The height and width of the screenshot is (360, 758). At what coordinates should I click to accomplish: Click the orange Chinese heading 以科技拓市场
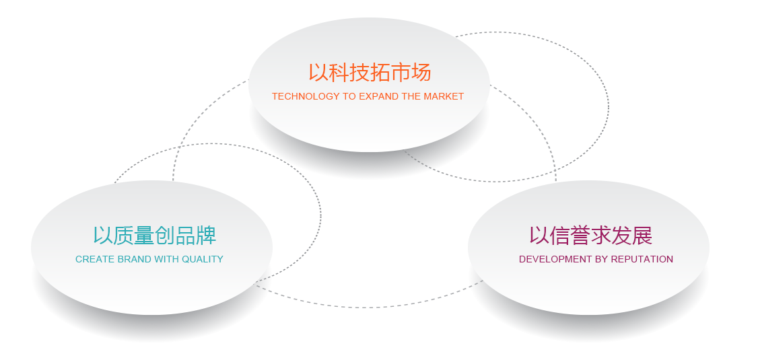click(x=370, y=73)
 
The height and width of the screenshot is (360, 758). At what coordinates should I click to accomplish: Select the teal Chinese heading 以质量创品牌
click(x=154, y=236)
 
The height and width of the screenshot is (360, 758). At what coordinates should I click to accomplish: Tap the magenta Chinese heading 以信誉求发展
click(x=590, y=236)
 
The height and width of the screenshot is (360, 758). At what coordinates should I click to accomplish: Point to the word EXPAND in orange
click(x=380, y=96)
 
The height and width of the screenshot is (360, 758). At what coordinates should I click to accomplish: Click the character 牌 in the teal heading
click(x=205, y=236)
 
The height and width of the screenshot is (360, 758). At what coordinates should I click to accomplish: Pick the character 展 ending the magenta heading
click(x=642, y=236)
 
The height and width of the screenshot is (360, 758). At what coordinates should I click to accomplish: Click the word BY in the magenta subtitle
click(x=600, y=259)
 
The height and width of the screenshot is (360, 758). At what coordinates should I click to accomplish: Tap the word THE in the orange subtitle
click(x=411, y=96)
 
